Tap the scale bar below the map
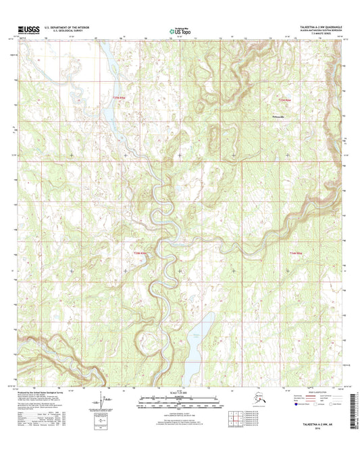[180, 403]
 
